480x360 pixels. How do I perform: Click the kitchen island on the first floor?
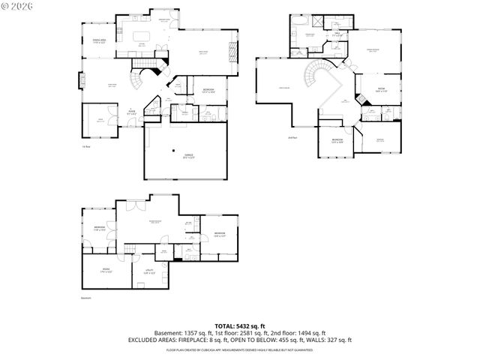click(x=143, y=36)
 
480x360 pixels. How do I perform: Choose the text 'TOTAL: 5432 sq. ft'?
click(x=239, y=325)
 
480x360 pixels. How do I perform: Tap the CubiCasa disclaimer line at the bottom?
click(x=239, y=349)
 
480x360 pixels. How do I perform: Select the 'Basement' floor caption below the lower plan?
click(x=85, y=298)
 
